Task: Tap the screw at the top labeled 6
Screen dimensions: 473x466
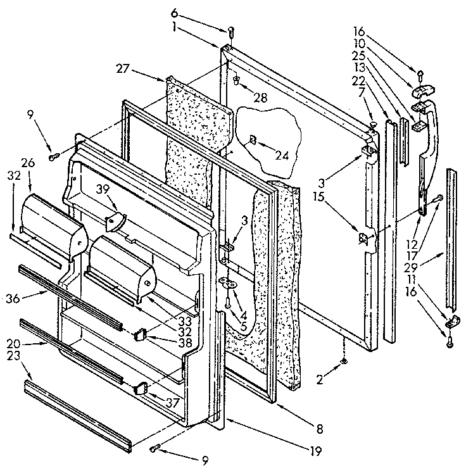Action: click(230, 30)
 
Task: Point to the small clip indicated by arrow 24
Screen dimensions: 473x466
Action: click(252, 139)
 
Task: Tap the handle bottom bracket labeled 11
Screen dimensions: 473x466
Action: click(453, 322)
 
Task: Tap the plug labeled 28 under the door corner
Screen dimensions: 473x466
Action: click(236, 80)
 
